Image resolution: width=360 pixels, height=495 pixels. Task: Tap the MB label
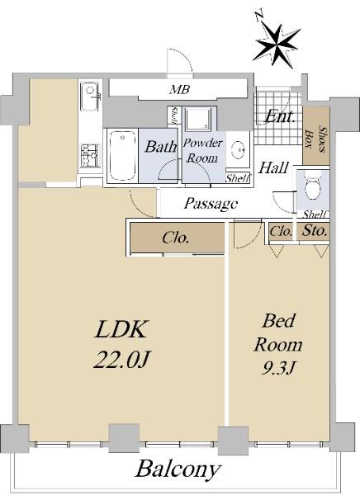click(179, 90)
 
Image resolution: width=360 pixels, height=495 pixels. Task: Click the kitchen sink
click(90, 96)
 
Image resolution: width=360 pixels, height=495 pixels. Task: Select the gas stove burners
click(90, 155)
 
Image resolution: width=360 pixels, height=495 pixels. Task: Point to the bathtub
click(122, 156)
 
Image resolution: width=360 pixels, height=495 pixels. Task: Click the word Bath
click(160, 147)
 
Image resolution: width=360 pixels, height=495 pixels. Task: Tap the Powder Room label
click(202, 150)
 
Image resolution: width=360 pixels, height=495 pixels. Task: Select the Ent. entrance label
click(280, 117)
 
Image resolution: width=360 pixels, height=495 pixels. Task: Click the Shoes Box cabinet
click(316, 135)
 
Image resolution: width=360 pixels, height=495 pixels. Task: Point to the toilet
click(312, 187)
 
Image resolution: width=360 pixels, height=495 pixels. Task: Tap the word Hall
click(273, 167)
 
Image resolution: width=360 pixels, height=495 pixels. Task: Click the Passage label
click(211, 204)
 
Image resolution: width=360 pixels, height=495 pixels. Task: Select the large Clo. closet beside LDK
click(178, 238)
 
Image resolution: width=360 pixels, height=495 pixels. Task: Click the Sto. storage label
click(314, 231)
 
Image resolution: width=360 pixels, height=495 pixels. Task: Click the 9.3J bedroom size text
click(278, 367)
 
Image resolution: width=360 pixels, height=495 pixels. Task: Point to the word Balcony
click(178, 469)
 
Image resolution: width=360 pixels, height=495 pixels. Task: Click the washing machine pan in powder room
click(197, 119)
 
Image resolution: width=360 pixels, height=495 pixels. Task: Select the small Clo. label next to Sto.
click(281, 231)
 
